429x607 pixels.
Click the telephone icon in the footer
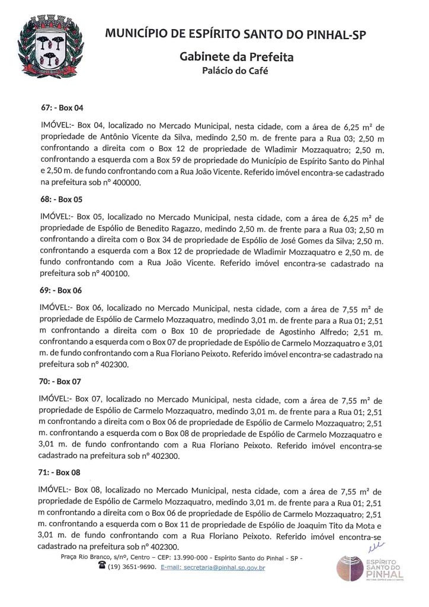click(x=101, y=567)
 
